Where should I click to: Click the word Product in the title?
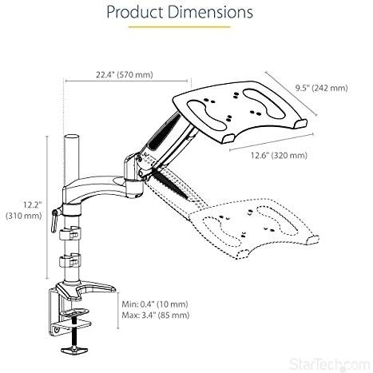135,13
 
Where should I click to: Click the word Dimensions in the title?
211,12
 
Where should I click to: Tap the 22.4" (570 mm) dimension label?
125,75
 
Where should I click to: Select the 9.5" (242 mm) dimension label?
321,88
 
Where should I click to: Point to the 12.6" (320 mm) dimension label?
279,155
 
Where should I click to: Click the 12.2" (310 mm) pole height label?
24,210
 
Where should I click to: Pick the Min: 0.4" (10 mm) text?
155,304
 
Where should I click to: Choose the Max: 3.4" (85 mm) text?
156,315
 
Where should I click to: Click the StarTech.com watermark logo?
329,364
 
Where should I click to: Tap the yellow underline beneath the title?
179,27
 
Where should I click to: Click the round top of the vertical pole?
72,137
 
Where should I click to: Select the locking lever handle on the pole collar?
55,220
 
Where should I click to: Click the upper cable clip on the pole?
69,233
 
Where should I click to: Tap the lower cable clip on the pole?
69,261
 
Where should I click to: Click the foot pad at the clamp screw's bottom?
73,350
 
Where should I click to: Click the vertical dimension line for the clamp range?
118,311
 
